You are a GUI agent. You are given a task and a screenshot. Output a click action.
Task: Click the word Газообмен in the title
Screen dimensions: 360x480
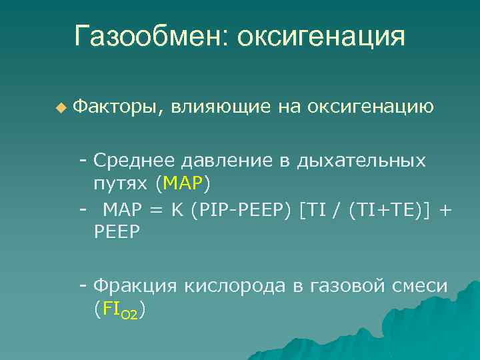(151, 37)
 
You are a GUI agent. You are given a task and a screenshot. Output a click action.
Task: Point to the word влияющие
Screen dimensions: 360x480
(220, 106)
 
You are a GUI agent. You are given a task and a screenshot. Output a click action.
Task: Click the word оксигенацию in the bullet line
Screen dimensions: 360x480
(371, 106)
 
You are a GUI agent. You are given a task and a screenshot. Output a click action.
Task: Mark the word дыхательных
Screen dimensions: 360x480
(362, 161)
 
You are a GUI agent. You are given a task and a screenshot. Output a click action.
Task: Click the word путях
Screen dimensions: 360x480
(121, 182)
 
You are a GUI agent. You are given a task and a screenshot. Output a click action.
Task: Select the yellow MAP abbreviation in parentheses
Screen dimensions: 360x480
(183, 182)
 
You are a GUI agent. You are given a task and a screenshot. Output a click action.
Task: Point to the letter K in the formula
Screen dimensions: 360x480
(177, 210)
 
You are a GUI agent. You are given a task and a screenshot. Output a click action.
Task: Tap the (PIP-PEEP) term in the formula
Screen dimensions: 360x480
(241, 210)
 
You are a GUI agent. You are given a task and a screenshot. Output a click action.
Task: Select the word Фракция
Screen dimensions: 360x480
(135, 286)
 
